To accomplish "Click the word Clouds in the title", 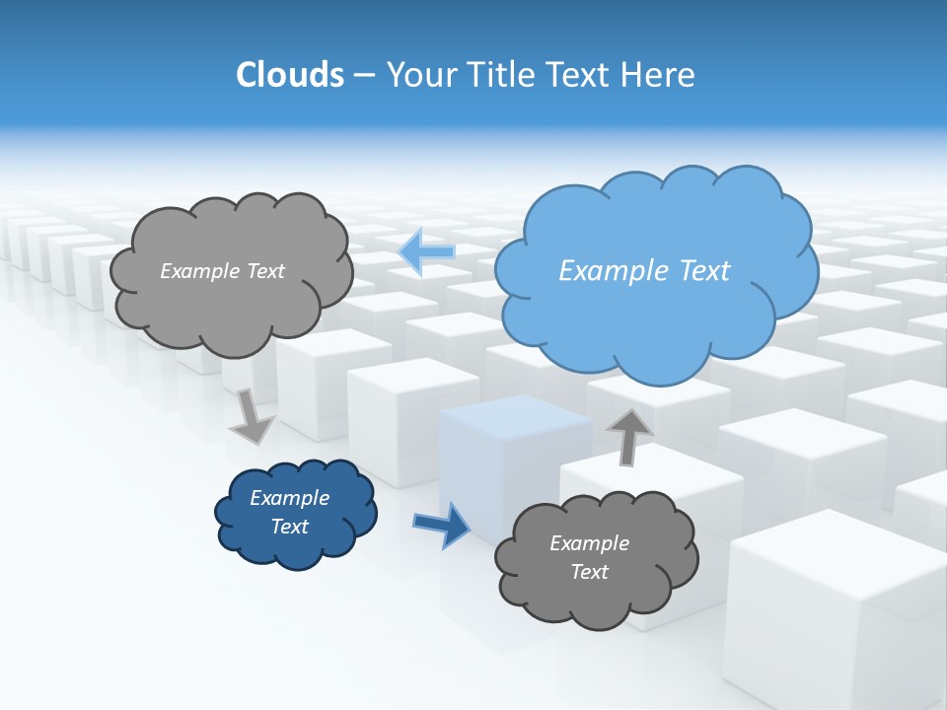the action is (x=289, y=75).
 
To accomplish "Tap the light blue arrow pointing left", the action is (x=426, y=251).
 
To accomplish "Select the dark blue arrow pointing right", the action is (x=442, y=525).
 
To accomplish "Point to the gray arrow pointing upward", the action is (x=628, y=436).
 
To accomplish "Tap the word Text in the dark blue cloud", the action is (x=289, y=527).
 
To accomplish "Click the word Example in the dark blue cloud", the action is (x=289, y=498).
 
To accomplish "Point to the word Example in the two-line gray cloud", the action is (x=589, y=543).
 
